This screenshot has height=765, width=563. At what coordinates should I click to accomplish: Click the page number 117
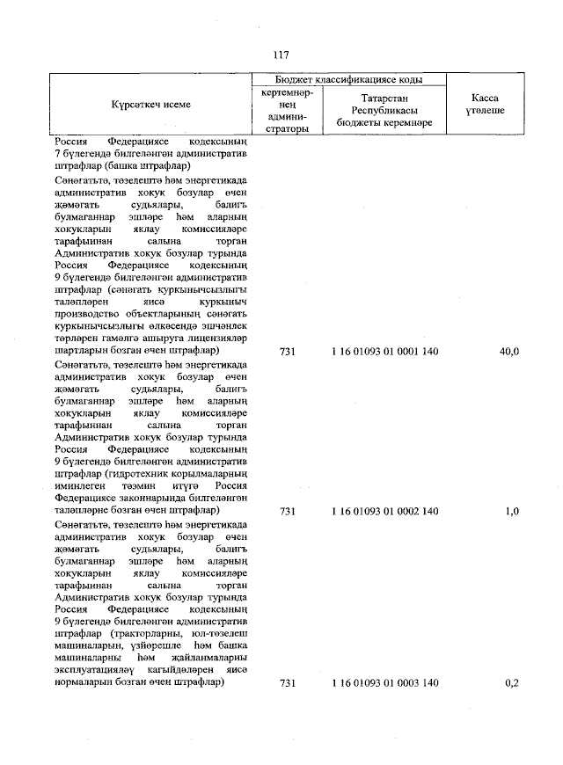[x=281, y=54]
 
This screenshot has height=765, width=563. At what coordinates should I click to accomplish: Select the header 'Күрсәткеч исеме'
[x=150, y=105]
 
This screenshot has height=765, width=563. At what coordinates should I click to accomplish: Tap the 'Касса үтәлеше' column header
[x=485, y=105]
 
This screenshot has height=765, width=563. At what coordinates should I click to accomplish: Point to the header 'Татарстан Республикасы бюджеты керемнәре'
[x=384, y=110]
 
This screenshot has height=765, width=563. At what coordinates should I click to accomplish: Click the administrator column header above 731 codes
[x=287, y=111]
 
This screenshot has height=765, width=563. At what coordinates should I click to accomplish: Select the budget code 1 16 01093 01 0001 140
[x=385, y=352]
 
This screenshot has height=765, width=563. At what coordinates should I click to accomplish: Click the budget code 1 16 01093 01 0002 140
[x=385, y=511]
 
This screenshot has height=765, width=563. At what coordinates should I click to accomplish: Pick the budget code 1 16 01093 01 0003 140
[x=385, y=683]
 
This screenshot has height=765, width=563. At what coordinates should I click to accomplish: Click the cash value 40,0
[x=509, y=352]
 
